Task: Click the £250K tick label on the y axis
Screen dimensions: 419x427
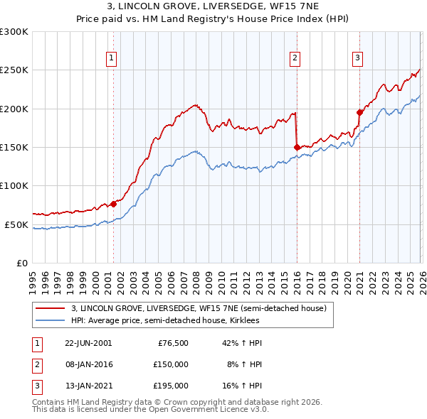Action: coord(14,70)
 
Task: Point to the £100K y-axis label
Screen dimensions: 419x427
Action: coord(14,186)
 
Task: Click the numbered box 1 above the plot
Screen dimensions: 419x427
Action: coord(112,59)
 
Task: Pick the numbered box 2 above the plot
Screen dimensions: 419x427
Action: coord(295,59)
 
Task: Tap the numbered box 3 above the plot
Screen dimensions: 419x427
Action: coord(357,59)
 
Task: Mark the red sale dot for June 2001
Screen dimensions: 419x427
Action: coord(113,204)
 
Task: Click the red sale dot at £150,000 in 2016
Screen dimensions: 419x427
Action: coord(296,147)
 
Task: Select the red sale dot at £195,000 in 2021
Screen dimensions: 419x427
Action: coord(359,112)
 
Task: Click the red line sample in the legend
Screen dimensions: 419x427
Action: coord(51,309)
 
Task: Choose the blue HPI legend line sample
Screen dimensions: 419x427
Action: coord(51,320)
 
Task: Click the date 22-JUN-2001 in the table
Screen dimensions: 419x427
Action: coord(88,343)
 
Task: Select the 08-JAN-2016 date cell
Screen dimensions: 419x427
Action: coord(88,364)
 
